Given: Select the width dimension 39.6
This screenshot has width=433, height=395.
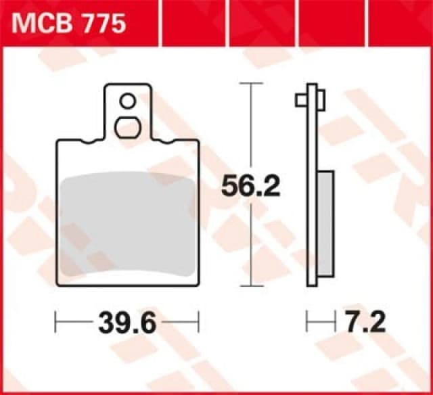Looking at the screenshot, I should pyautogui.click(x=127, y=323).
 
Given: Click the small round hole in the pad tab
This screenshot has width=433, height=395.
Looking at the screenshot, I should pyautogui.click(x=127, y=101).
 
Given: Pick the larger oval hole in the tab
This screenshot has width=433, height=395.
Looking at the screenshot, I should pyautogui.click(x=127, y=126).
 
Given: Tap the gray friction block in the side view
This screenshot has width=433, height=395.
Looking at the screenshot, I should pyautogui.click(x=325, y=223).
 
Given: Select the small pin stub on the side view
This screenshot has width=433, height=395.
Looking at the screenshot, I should pyautogui.click(x=301, y=100).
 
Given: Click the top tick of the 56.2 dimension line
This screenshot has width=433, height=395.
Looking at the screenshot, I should pyautogui.click(x=252, y=83).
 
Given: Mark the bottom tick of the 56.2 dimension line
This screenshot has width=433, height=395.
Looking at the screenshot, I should pyautogui.click(x=252, y=285).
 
